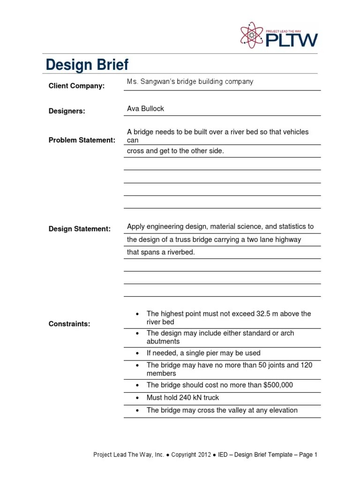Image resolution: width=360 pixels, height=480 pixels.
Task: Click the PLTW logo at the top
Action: tap(278, 36)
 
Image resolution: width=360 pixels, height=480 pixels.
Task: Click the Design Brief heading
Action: tap(87, 65)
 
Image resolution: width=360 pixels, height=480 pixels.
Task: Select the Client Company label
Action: tap(77, 86)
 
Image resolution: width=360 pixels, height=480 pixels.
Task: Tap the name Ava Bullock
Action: tap(145, 109)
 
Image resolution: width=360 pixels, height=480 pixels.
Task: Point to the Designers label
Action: tap(67, 111)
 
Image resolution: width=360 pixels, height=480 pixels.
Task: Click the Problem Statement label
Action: tap(82, 140)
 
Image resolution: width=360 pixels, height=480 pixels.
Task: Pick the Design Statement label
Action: tap(80, 229)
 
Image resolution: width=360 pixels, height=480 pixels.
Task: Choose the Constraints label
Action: tap(69, 324)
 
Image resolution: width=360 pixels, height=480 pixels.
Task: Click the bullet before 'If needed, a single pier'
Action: tap(137, 353)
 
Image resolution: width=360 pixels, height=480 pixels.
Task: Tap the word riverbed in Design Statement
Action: tap(179, 252)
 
